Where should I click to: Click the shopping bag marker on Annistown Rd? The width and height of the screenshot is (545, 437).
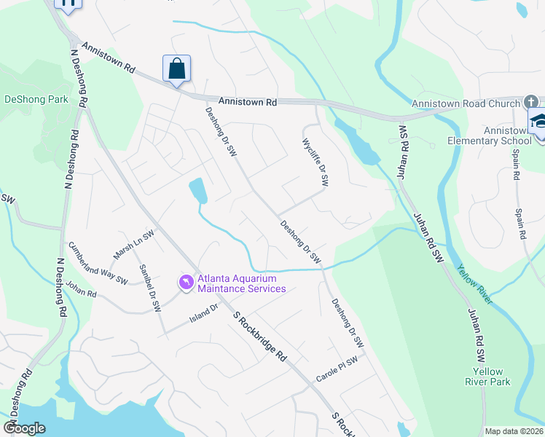coord(176,69)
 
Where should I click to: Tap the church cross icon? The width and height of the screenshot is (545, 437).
coord(530,101)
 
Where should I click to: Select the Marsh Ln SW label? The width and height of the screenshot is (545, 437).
coord(134,245)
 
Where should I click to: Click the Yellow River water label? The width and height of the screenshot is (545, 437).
coord(474,284)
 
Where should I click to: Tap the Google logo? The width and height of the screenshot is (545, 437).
coord(25,428)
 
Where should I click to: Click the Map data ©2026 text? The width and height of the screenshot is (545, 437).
coord(514,431)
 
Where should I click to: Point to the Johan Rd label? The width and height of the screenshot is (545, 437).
coord(81,290)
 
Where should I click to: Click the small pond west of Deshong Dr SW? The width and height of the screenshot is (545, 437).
coord(197,191)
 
